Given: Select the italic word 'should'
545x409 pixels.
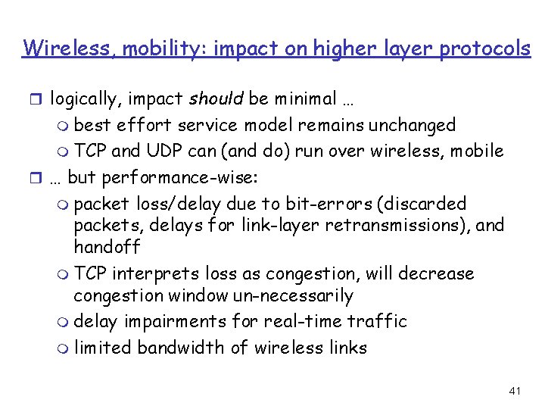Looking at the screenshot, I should coord(216,98).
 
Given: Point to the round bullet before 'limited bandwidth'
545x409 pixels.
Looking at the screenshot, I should coord(64,348).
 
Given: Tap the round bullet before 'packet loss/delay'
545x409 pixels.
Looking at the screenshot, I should coord(64,204).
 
